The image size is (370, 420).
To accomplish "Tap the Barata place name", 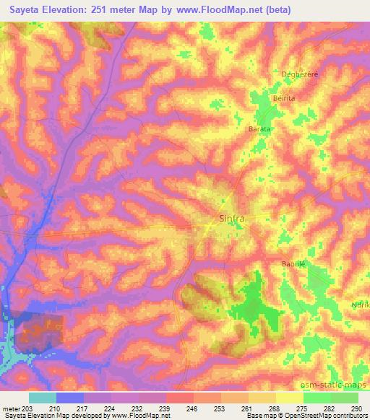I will [259, 128].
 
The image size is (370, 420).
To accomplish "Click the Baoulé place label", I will [294, 264].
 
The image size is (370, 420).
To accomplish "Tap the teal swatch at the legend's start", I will [43, 398].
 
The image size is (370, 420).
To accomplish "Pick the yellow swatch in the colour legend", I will [290, 398].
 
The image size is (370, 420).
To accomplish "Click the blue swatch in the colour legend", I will [70, 398].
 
